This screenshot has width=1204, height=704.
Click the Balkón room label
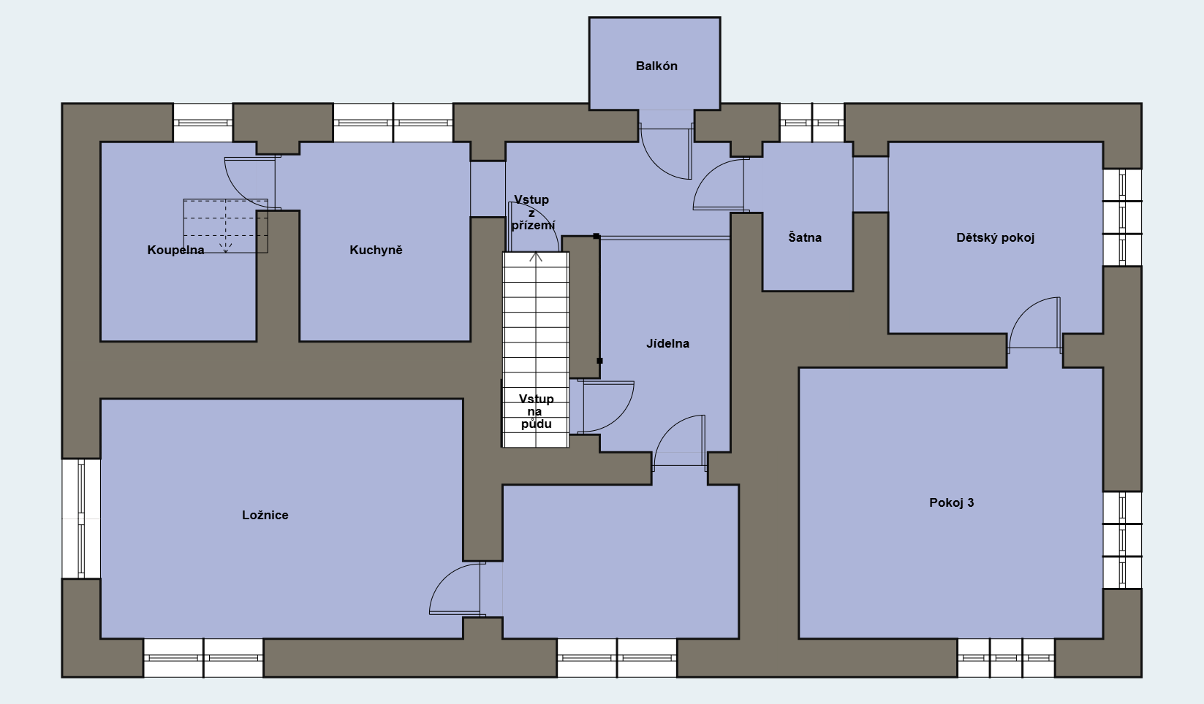[x=656, y=66]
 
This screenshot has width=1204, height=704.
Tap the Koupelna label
[x=175, y=250]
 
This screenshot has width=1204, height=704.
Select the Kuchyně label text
[x=376, y=250]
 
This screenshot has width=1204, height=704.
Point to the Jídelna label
[x=667, y=343]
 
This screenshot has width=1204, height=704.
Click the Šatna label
[x=805, y=237]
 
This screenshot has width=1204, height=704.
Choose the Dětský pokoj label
[x=995, y=237]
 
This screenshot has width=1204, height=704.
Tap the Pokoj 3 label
[x=951, y=502]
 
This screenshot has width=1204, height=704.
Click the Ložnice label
[x=265, y=515]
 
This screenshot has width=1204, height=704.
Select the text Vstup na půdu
[x=537, y=411]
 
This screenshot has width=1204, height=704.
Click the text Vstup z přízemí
[x=533, y=212]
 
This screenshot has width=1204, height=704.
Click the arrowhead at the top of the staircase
[x=536, y=257]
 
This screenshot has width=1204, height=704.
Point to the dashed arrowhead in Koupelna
[x=226, y=248]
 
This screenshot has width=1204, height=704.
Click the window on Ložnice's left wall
[x=81, y=519]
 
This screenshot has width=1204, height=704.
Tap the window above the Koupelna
[x=202, y=123]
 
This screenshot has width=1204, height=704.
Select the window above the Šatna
[x=812, y=123]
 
